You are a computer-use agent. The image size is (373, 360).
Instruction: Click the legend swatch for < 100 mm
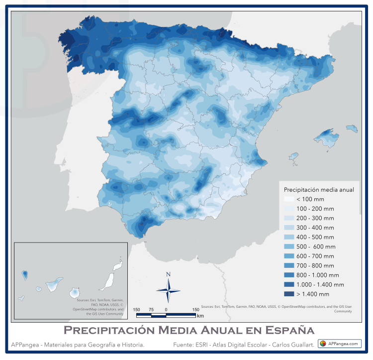coord(289,199)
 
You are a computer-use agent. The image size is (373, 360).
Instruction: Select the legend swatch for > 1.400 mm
coord(289,294)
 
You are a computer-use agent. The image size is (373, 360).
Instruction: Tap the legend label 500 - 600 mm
coord(316,246)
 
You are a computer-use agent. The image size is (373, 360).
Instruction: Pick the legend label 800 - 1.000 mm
coord(318,275)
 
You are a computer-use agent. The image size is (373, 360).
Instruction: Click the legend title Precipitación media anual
coord(318,190)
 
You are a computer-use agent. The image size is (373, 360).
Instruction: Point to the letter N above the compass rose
coord(168,274)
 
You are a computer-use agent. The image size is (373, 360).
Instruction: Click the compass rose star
coord(168,290)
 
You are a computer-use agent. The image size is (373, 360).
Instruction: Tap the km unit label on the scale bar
coord(200,316)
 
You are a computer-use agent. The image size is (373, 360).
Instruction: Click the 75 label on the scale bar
coord(151,310)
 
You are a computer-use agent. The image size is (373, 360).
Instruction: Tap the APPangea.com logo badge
coord(339,344)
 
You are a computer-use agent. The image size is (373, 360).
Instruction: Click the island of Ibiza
coord(294,157)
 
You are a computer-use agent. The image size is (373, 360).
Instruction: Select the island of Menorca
coord(352,128)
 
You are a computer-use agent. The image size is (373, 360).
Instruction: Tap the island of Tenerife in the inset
coord(54,285)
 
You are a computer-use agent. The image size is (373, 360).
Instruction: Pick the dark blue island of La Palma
coord(24,274)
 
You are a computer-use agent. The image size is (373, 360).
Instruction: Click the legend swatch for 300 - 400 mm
coord(289,228)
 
